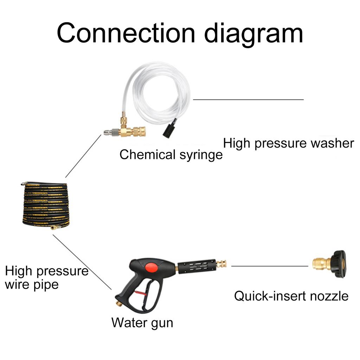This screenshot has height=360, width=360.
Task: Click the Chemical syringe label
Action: pos(171,155)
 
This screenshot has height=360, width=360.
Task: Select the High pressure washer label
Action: pos(288,143)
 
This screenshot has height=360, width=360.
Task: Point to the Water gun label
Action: pos(142,322)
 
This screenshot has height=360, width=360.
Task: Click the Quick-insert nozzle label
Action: pos(291,296)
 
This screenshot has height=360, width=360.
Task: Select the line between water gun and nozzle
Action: pos(269,266)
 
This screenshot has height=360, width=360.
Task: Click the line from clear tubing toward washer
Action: pos(248,99)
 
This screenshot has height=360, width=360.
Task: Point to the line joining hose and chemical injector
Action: pos(83,156)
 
